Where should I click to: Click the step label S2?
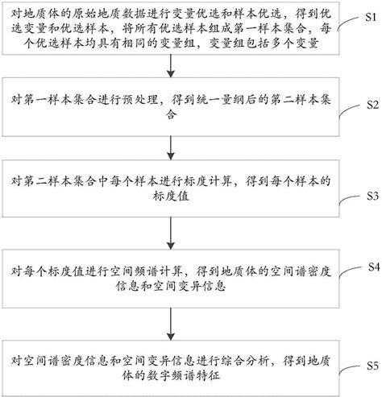371,105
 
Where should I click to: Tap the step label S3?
371,196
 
